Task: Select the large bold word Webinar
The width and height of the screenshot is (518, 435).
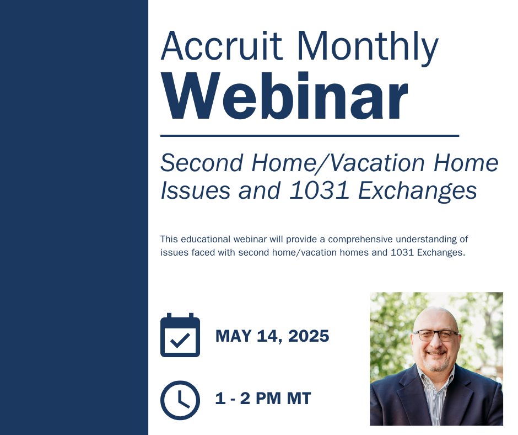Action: [284, 97]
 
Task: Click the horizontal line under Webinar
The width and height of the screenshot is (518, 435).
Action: [309, 135]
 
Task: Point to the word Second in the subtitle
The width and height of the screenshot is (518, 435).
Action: [202, 163]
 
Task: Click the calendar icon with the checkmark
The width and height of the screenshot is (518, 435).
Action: [180, 336]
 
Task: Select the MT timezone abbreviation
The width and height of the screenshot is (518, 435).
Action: [298, 399]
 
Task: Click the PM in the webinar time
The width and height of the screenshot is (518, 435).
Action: [268, 399]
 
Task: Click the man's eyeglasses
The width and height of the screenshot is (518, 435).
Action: [436, 335]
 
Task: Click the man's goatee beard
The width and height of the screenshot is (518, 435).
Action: [436, 364]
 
